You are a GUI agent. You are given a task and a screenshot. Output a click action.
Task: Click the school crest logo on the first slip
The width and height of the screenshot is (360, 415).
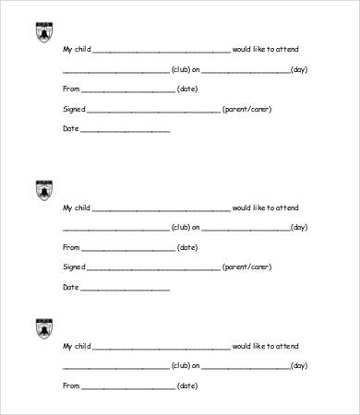tap(43, 31)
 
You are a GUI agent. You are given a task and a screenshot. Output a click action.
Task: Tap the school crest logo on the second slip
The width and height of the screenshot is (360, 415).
tap(43, 190)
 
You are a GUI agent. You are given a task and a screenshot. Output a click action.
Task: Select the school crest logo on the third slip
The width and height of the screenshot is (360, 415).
tap(43, 328)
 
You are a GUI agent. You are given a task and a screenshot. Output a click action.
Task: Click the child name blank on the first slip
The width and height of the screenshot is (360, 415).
tap(162, 52)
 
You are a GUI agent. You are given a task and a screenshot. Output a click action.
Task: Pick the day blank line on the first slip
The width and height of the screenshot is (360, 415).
tap(245, 72)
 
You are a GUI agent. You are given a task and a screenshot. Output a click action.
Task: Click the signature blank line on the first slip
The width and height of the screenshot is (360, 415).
tap(153, 112)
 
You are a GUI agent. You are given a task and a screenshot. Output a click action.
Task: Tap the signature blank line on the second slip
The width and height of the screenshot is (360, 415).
tap(153, 269)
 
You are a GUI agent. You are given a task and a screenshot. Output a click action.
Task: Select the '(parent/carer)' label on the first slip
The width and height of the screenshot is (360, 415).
tap(246, 109)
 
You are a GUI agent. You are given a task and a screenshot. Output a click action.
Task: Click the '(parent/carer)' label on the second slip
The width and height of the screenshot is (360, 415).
tap(246, 267)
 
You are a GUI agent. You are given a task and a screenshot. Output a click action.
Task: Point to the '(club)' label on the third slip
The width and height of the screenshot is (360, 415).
tap(181, 366)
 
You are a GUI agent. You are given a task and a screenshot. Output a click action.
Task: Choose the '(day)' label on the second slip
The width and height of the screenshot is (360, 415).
tap(299, 228)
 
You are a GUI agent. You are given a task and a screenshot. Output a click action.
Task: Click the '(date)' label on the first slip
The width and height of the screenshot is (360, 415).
tap(187, 89)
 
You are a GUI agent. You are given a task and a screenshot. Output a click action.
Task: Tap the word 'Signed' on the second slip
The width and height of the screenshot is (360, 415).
tap(74, 267)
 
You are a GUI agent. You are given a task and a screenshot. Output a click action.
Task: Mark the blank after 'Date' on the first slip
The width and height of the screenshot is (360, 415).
tap(126, 131)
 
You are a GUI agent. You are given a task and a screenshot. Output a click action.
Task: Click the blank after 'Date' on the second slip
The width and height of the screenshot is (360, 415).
tap(126, 290)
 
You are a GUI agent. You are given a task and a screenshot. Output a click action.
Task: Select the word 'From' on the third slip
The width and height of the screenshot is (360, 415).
tap(71, 385)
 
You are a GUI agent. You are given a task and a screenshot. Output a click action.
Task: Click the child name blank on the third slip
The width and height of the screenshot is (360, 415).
tap(162, 349)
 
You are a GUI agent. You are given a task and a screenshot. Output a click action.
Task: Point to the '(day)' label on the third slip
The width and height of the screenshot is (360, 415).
tap(299, 366)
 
